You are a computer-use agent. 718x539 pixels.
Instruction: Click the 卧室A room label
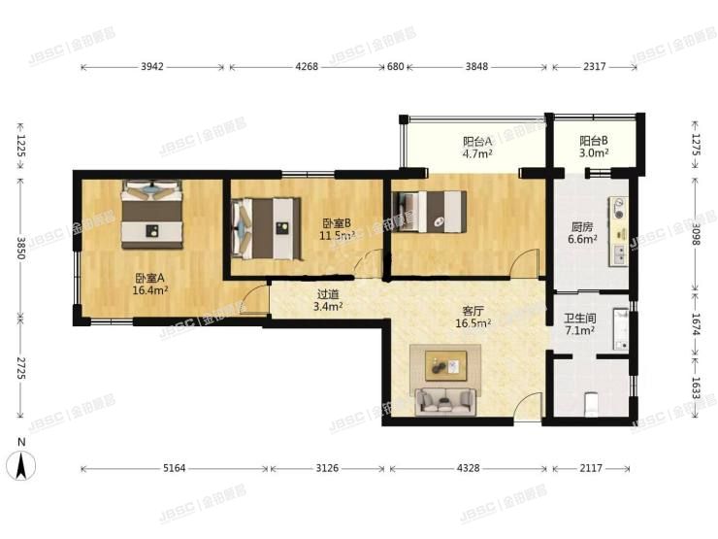pos(149,278)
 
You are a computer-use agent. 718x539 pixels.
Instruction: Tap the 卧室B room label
pos(337,223)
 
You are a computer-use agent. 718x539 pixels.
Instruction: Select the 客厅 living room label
pos(473,311)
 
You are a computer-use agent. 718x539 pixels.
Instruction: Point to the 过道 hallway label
pos(328,294)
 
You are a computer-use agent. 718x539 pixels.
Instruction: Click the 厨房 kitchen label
pos(582,227)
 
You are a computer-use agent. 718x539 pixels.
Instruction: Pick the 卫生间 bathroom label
pos(579,319)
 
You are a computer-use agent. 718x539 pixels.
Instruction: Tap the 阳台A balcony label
pos(477,141)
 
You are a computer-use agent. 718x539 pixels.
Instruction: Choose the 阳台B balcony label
pos(594,141)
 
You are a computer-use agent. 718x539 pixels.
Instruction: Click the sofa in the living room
pos(445,402)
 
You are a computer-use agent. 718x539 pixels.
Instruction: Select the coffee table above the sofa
pos(446,366)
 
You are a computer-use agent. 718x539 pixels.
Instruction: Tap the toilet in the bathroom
pos(592,404)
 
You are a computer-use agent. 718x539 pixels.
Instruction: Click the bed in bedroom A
pos(152,215)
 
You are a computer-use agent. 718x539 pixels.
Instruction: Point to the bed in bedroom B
pos(267,228)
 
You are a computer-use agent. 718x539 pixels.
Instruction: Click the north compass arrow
pos(21,465)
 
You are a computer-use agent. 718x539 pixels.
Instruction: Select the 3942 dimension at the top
pos(152,67)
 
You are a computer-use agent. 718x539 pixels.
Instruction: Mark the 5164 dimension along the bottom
pos(175,468)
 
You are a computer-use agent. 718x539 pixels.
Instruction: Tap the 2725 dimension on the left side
pos(20,368)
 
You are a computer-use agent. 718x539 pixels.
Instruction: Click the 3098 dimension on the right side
pos(696,234)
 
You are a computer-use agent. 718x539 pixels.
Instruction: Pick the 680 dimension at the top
pos(396,67)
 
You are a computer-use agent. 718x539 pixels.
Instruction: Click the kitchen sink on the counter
pos(619,254)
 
